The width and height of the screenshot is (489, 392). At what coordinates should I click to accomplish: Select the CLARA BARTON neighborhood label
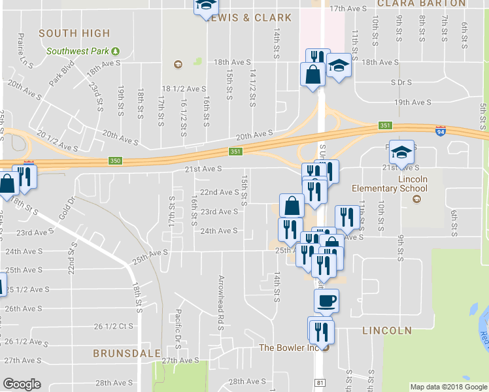422,3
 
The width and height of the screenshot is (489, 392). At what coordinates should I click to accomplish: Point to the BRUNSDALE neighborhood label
127,353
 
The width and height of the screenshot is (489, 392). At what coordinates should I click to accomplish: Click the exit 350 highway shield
115,161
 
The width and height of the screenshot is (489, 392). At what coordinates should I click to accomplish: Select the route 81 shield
319,382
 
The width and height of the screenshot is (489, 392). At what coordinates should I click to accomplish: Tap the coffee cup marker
326,301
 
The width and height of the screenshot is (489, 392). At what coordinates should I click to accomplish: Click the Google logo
22,384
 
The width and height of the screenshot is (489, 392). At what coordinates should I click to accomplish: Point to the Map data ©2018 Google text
448,387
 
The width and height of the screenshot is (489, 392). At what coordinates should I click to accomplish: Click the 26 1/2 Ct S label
114,326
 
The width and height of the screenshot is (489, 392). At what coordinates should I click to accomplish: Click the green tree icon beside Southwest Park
116,51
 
